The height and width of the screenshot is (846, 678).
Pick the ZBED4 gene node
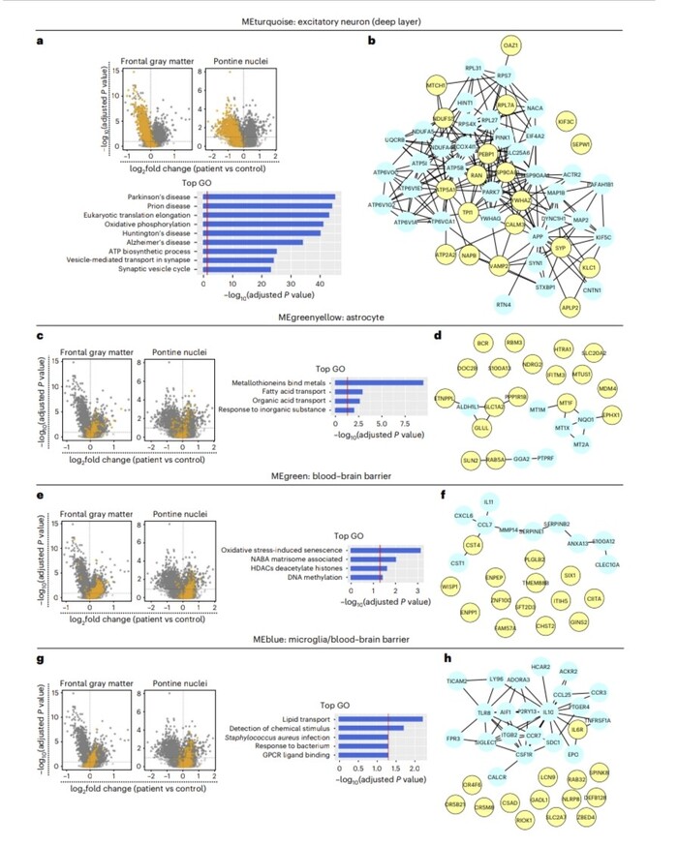pos(612,817)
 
